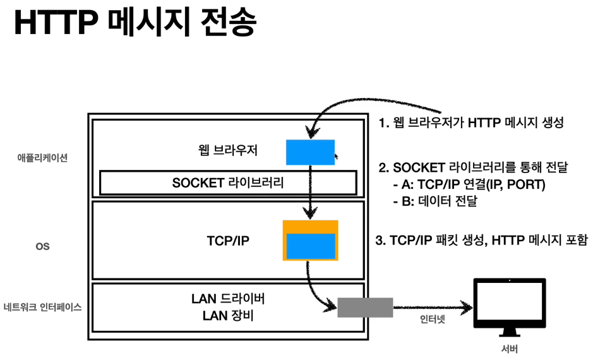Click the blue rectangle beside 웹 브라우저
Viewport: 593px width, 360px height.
(x=310, y=152)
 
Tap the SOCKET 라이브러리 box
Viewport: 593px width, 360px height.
(x=229, y=183)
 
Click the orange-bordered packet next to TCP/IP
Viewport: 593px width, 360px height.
(x=310, y=240)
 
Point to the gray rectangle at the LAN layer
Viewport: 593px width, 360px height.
(x=365, y=308)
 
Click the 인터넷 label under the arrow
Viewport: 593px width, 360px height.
(x=433, y=320)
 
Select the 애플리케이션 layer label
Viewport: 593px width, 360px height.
(x=42, y=158)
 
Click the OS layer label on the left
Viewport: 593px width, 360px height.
(x=42, y=246)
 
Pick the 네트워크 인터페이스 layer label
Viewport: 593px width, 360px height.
(x=42, y=308)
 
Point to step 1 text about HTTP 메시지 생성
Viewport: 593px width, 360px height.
(x=470, y=123)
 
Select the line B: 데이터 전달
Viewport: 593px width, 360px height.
(x=436, y=201)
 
